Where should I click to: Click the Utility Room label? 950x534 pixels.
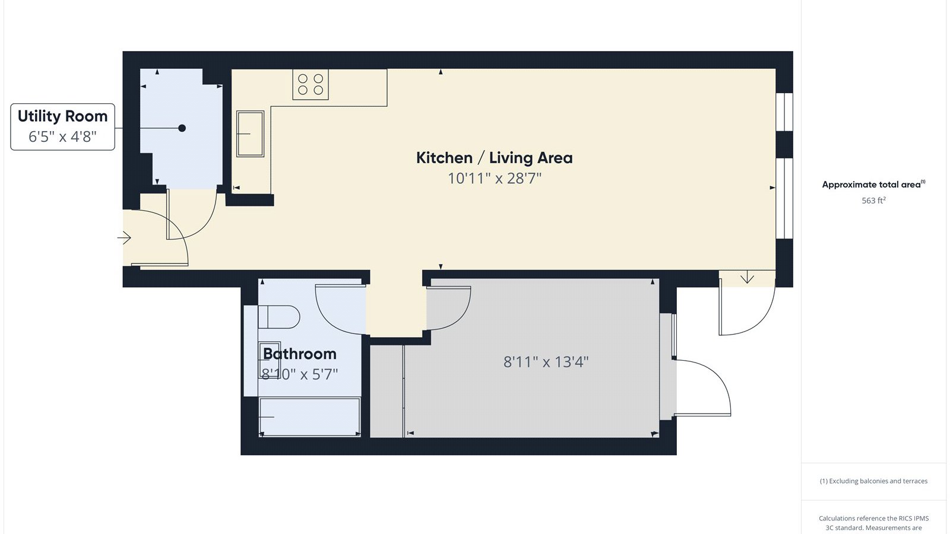(x=62, y=116)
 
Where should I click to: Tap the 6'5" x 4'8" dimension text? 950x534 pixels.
(x=62, y=136)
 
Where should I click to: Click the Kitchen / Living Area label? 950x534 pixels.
(x=494, y=158)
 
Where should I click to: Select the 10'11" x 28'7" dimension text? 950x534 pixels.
(x=495, y=178)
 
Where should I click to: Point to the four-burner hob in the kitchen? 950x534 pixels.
(x=311, y=84)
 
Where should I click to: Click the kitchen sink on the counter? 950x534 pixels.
(x=250, y=133)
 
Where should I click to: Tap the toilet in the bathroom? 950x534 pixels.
(x=278, y=317)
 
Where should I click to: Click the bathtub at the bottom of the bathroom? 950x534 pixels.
(x=309, y=417)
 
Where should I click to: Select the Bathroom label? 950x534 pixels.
(x=299, y=354)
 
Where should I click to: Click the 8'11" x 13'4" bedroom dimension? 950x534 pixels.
(x=546, y=362)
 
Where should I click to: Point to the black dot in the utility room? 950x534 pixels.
(x=182, y=128)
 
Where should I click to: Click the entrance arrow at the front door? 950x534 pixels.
(x=124, y=238)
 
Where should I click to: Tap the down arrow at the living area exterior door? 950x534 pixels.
(x=747, y=278)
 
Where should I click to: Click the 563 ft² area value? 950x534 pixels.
(x=873, y=201)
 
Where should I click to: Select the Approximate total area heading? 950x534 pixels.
(x=873, y=185)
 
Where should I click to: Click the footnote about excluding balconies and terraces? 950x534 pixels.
(x=873, y=481)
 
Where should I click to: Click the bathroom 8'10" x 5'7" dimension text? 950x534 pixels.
(x=299, y=374)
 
